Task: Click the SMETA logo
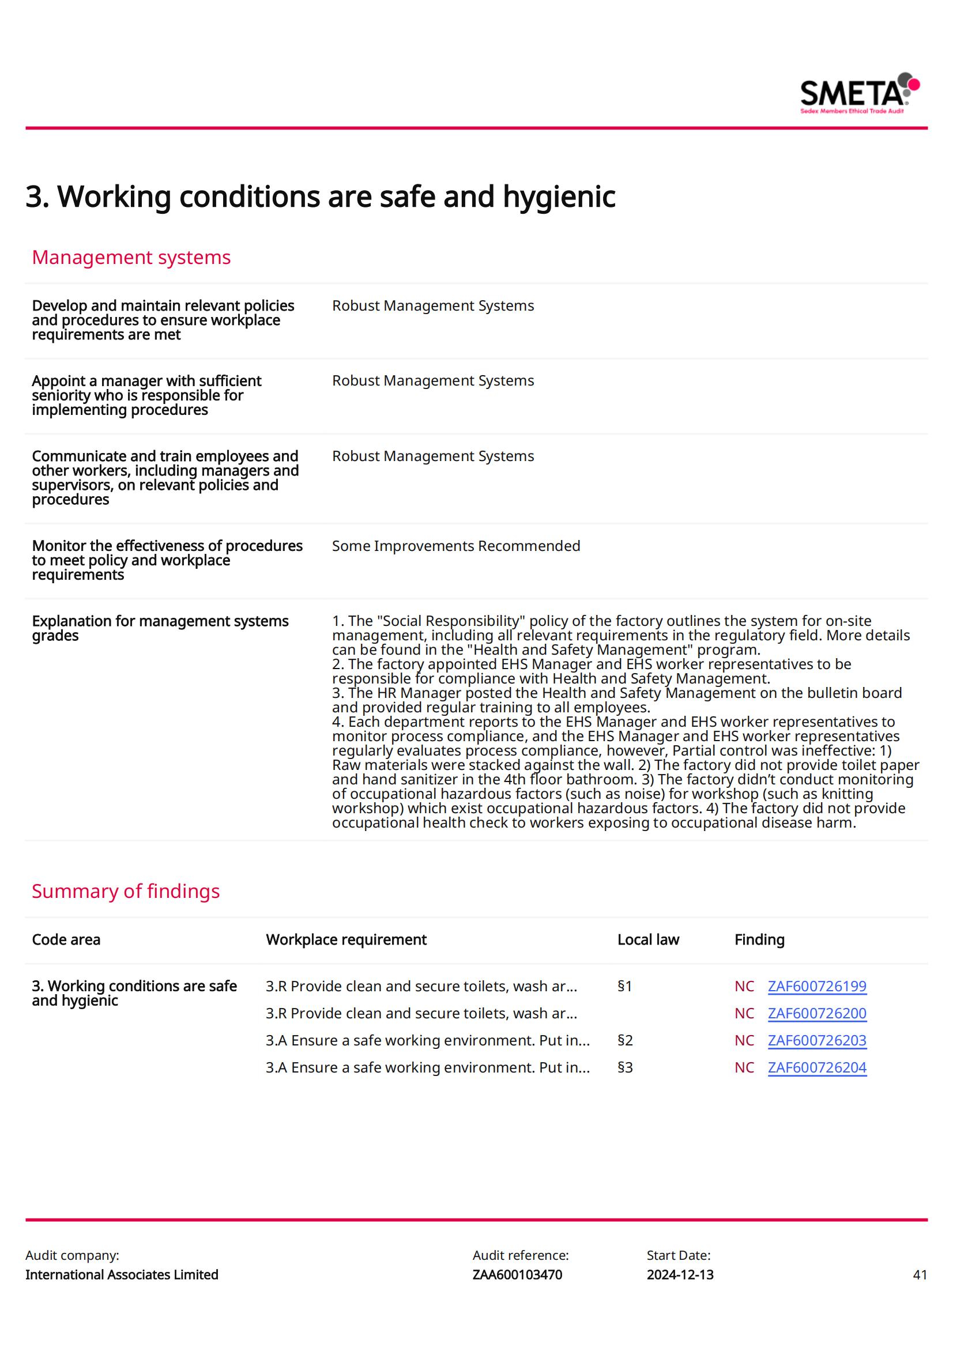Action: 859,93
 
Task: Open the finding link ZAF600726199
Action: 817,986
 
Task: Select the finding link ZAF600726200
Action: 817,1013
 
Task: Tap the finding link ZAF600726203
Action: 817,1040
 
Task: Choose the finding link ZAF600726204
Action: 817,1067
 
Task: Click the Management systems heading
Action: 131,257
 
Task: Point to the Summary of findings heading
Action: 126,891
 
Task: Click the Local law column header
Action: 647,940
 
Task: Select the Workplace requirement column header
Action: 346,940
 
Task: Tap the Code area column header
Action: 66,940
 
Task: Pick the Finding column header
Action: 759,940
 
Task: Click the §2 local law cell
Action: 625,1040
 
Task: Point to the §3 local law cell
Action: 625,1067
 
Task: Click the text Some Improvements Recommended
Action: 455,546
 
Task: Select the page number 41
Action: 920,1275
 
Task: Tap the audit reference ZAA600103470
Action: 517,1275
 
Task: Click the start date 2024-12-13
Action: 680,1275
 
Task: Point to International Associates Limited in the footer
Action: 122,1275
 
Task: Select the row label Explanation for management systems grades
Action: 160,628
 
